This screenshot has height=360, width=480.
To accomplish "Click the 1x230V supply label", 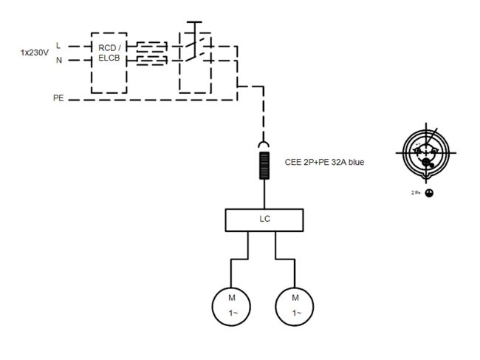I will (35, 52).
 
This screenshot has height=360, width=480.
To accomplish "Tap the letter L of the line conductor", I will (58, 45).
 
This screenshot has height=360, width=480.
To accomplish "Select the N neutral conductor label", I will (58, 60).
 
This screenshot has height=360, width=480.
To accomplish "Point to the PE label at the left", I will (58, 98).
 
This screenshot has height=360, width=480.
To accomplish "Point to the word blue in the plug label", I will (352, 161).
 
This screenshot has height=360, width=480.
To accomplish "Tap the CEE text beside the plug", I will (293, 161).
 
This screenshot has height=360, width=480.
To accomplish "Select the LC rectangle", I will (264, 220).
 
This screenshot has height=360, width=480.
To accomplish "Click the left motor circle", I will (232, 305).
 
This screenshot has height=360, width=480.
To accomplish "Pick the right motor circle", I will (295, 305).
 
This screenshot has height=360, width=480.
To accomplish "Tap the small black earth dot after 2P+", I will (428, 194).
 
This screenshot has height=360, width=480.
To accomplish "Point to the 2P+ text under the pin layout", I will (416, 194).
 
